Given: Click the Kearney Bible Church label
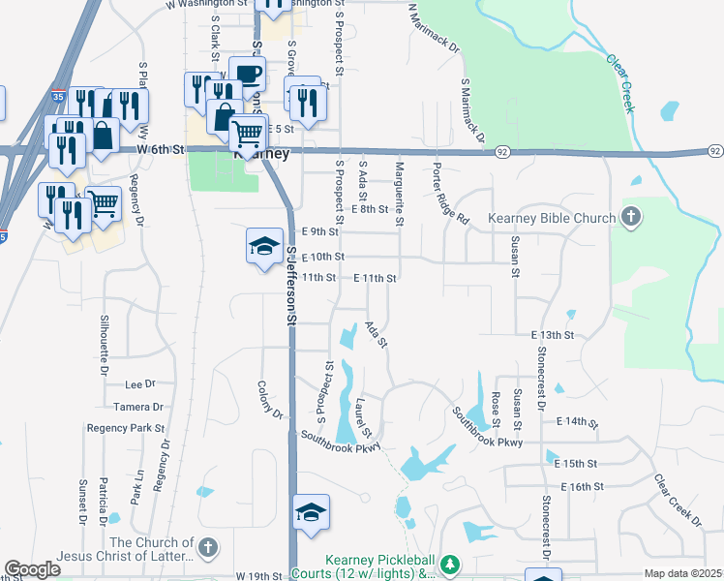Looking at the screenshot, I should click(552, 218).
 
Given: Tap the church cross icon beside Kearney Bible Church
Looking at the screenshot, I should click(631, 217).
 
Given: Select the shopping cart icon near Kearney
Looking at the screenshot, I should click(249, 134).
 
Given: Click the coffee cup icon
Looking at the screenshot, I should click(247, 74).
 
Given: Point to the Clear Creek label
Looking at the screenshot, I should click(620, 83).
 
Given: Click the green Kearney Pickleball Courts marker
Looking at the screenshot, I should click(448, 563).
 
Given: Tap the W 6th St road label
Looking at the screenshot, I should click(160, 149).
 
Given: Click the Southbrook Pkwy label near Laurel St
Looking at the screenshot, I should click(340, 441).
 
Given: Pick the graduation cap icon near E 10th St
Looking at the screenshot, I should click(262, 247).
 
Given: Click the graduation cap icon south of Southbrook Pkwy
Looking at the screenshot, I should click(311, 512).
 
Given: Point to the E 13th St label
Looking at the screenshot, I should click(554, 334).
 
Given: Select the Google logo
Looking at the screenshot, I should click(32, 569).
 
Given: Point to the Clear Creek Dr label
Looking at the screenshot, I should click(678, 499).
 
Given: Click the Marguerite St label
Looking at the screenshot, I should click(398, 190).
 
